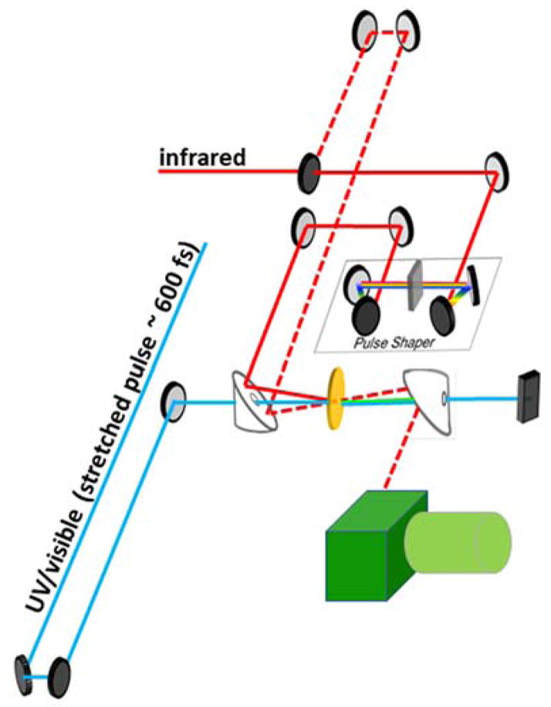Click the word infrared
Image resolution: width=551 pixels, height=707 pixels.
202,158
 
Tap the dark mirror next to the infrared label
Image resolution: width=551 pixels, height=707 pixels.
310,170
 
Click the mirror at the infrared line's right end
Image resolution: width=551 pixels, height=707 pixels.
495,171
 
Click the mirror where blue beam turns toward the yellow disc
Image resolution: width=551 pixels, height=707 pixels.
173,402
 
